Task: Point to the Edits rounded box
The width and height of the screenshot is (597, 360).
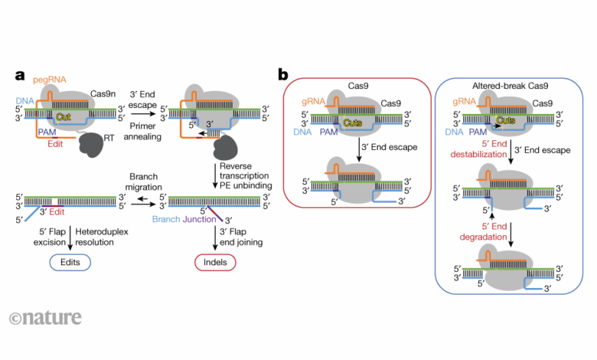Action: point(70,262)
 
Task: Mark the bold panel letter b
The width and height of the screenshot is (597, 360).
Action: point(283,75)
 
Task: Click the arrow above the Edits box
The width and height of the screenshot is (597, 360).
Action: point(70,237)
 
